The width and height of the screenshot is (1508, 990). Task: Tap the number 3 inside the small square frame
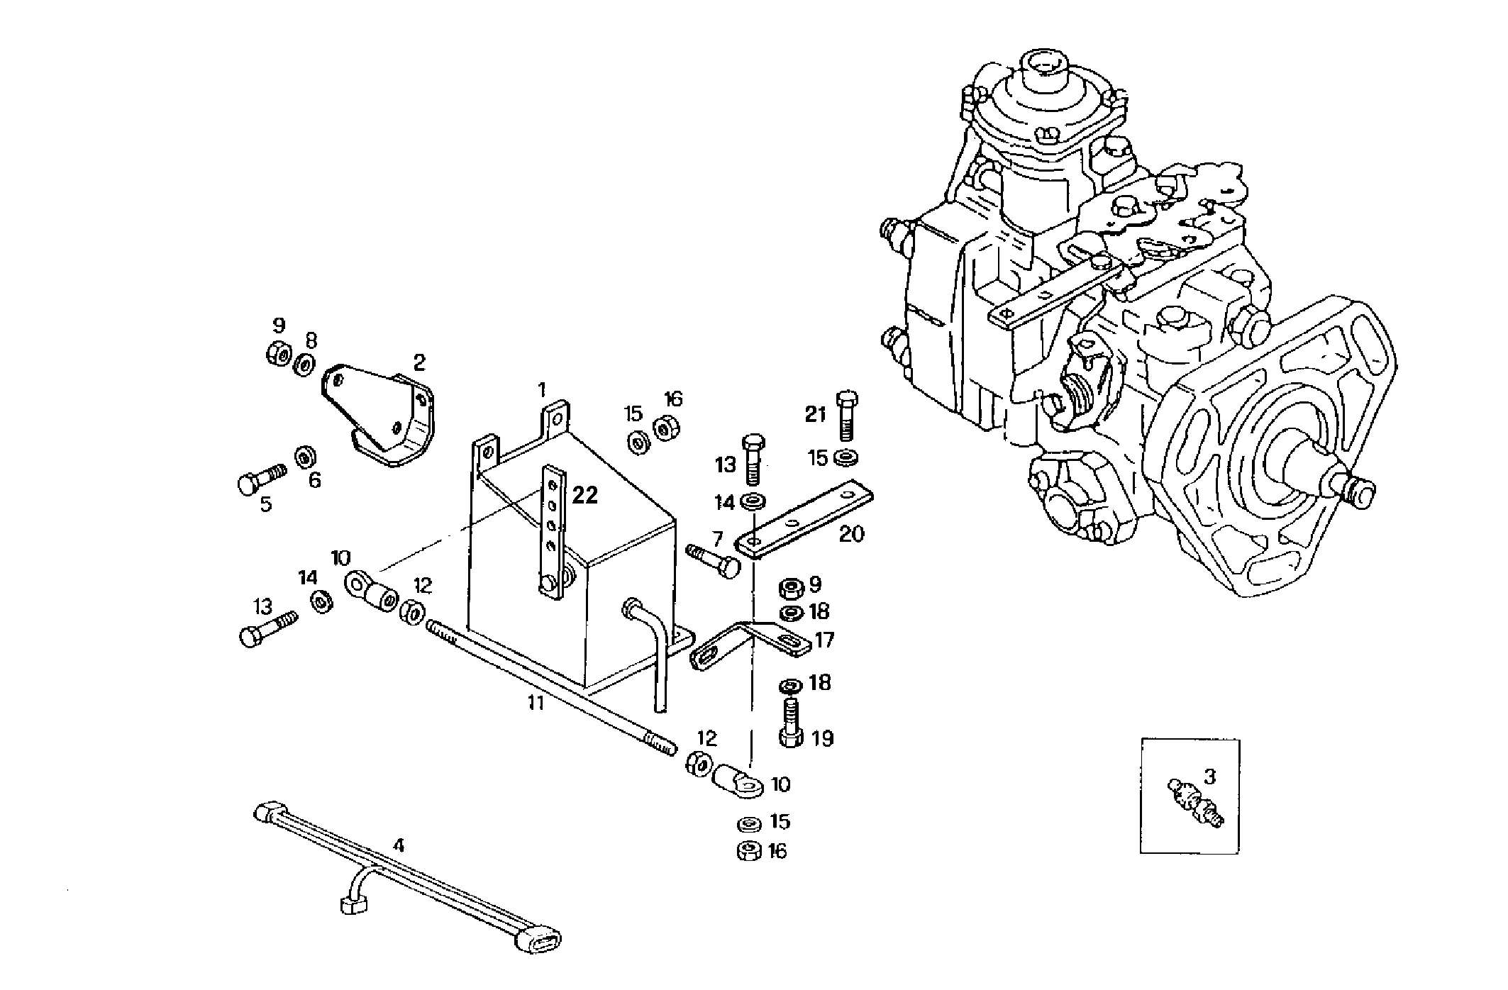[x=1209, y=777]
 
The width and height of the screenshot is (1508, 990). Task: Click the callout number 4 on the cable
[x=399, y=845]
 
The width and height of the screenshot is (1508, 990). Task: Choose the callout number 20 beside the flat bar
[x=852, y=533]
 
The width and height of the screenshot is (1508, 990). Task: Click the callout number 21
[x=815, y=413]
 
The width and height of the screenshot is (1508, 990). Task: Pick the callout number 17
[x=824, y=640]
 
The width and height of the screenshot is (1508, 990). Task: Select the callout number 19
[x=822, y=739]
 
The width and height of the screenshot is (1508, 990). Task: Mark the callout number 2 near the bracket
[x=419, y=363]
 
